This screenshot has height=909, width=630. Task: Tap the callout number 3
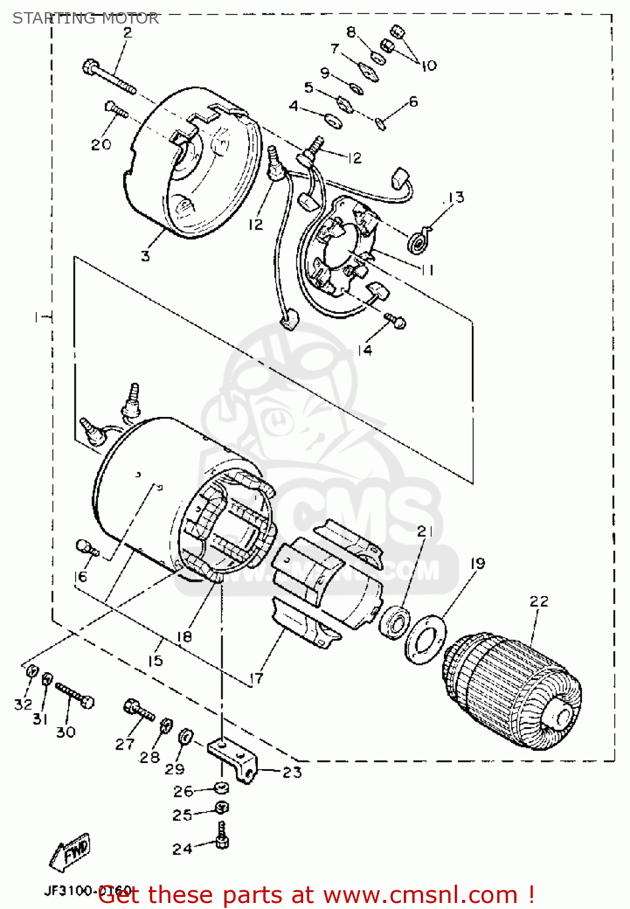point(146,256)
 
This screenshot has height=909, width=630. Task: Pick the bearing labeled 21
point(395,621)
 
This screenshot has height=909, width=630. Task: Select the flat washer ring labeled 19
point(426,640)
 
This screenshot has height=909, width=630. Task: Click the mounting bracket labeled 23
point(234,758)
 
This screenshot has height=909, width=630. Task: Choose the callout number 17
point(256,678)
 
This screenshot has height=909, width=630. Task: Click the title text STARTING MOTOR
point(85,18)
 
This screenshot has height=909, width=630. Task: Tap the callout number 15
point(155,660)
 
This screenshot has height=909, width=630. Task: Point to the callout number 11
point(427,270)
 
